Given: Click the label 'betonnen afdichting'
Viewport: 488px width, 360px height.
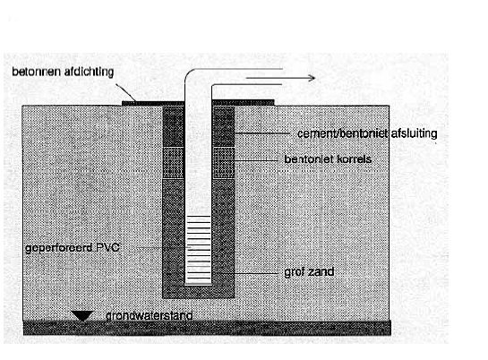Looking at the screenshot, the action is pyautogui.click(x=63, y=72).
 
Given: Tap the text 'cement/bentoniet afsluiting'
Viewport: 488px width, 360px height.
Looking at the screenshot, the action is pyautogui.click(x=367, y=133).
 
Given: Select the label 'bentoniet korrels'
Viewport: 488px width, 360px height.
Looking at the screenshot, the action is pyautogui.click(x=328, y=159).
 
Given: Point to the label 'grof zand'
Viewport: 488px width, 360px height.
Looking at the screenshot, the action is pyautogui.click(x=309, y=272).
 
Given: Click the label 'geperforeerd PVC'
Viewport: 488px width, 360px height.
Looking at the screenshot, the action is pyautogui.click(x=73, y=248).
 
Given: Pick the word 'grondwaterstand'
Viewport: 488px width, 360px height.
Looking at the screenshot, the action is pyautogui.click(x=149, y=315).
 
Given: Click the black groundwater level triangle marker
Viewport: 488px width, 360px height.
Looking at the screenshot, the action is pyautogui.click(x=81, y=316).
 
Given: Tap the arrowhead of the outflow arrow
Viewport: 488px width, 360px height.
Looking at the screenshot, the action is pyautogui.click(x=312, y=78).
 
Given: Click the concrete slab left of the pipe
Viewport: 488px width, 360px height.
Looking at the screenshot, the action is pyautogui.click(x=153, y=103).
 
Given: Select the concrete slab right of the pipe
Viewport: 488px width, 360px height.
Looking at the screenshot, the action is pyautogui.click(x=243, y=103).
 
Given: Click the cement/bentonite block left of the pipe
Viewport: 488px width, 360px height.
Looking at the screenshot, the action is pyautogui.click(x=174, y=126).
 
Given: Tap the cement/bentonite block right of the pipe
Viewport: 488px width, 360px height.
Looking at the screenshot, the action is pyautogui.click(x=223, y=126).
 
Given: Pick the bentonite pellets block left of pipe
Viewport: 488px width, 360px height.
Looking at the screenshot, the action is pyautogui.click(x=174, y=162).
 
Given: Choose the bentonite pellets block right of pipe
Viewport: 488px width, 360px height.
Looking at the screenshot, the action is pyautogui.click(x=223, y=162).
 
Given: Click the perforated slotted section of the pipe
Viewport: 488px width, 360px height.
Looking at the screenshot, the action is pyautogui.click(x=198, y=250).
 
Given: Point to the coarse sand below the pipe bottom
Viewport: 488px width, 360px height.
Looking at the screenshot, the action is pyautogui.click(x=198, y=292).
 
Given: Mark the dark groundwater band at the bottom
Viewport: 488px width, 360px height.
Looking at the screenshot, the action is pyautogui.click(x=207, y=328).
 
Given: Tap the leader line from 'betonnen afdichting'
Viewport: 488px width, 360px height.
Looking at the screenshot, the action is pyautogui.click(x=125, y=92).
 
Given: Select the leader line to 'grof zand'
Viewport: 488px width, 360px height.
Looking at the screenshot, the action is pyautogui.click(x=248, y=273).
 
